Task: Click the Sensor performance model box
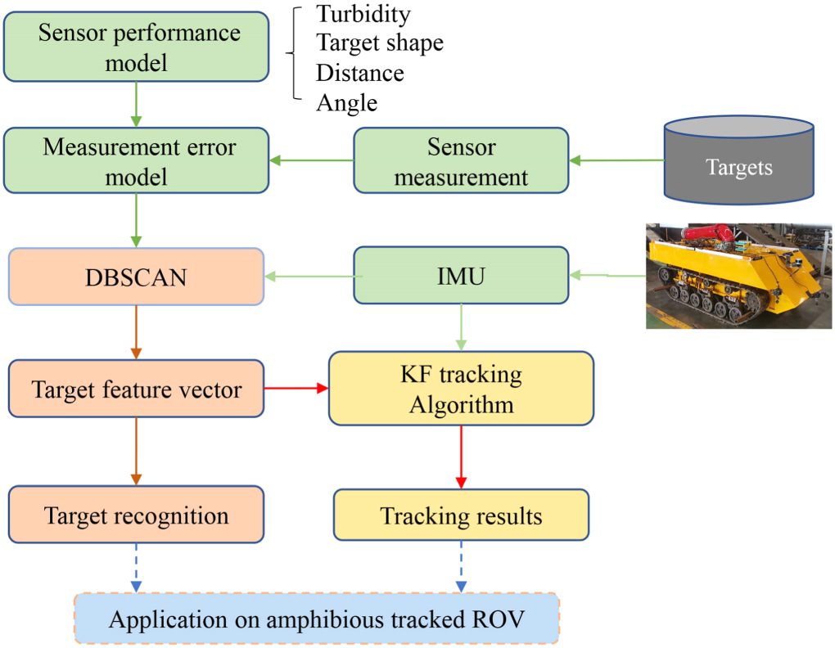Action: (137, 47)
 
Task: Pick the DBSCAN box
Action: (137, 277)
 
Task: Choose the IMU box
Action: (461, 277)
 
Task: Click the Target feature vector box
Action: (137, 389)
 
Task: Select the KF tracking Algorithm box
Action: (461, 389)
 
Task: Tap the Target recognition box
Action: (137, 515)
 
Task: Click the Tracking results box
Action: (461, 515)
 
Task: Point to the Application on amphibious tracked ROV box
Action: (317, 619)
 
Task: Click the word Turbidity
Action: (363, 15)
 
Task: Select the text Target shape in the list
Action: (380, 43)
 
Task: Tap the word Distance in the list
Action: (360, 73)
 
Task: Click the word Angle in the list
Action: (347, 103)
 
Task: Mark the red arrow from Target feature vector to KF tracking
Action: (296, 389)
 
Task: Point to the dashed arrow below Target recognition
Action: (137, 567)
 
